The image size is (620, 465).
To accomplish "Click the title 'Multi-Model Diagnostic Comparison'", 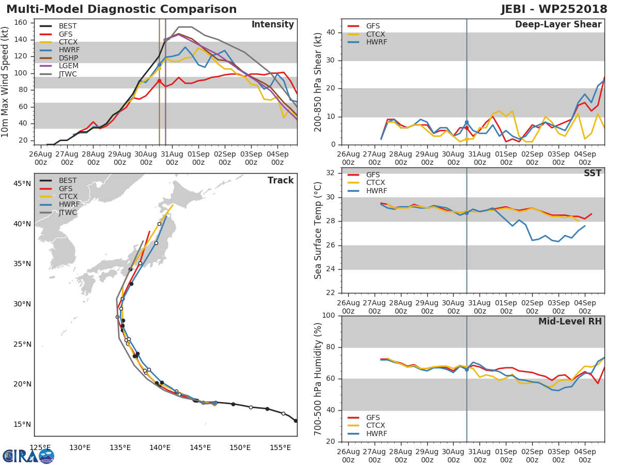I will click(x=121, y=9).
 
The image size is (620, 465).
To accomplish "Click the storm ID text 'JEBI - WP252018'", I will click(x=554, y=9).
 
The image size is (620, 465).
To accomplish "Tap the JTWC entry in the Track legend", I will click(x=68, y=212).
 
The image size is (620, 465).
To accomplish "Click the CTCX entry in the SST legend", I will click(x=376, y=182).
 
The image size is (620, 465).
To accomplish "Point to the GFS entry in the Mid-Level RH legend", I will click(x=376, y=417).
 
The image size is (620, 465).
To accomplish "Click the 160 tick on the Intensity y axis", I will click(x=21, y=22).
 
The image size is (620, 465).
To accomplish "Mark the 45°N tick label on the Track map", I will click(x=22, y=184).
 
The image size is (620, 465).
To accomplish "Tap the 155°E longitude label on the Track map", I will click(x=281, y=447).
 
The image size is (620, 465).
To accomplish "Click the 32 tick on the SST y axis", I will click(x=331, y=173).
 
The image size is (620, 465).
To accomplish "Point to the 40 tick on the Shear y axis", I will click(x=331, y=33).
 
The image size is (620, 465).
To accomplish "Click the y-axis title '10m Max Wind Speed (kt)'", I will click(x=6, y=83).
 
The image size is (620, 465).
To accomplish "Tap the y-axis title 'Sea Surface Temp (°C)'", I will click(x=318, y=230).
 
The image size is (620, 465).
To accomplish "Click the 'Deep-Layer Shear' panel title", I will click(x=558, y=25).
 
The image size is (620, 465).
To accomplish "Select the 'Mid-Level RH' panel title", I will click(x=570, y=321).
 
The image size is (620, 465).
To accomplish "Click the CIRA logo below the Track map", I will click(x=28, y=456).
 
